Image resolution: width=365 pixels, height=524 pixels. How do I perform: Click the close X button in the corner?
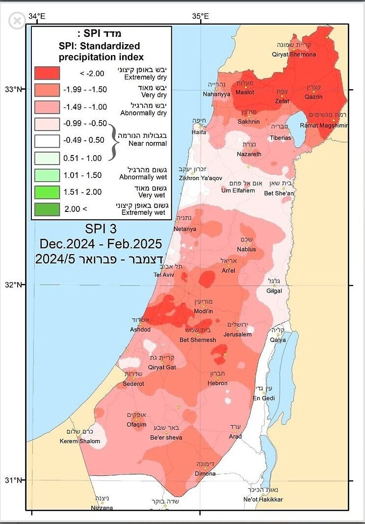17,21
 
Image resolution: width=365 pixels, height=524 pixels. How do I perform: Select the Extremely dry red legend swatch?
47,73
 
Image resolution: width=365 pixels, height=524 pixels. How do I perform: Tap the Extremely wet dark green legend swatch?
47,209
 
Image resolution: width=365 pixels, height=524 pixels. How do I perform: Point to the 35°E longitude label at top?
200,16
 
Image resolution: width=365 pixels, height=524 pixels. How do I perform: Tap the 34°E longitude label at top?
37,16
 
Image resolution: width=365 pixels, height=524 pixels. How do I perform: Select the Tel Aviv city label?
164,275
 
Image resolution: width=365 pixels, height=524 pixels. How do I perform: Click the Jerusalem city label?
237,334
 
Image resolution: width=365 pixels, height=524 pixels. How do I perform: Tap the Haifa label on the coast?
199,132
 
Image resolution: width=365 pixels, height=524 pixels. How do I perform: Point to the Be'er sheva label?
166,438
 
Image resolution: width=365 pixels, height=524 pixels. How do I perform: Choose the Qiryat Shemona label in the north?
294,54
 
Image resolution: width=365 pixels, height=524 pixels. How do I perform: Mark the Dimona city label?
206,473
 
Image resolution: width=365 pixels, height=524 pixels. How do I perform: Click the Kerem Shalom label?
80,441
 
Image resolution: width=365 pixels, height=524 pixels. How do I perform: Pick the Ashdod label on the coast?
140,329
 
